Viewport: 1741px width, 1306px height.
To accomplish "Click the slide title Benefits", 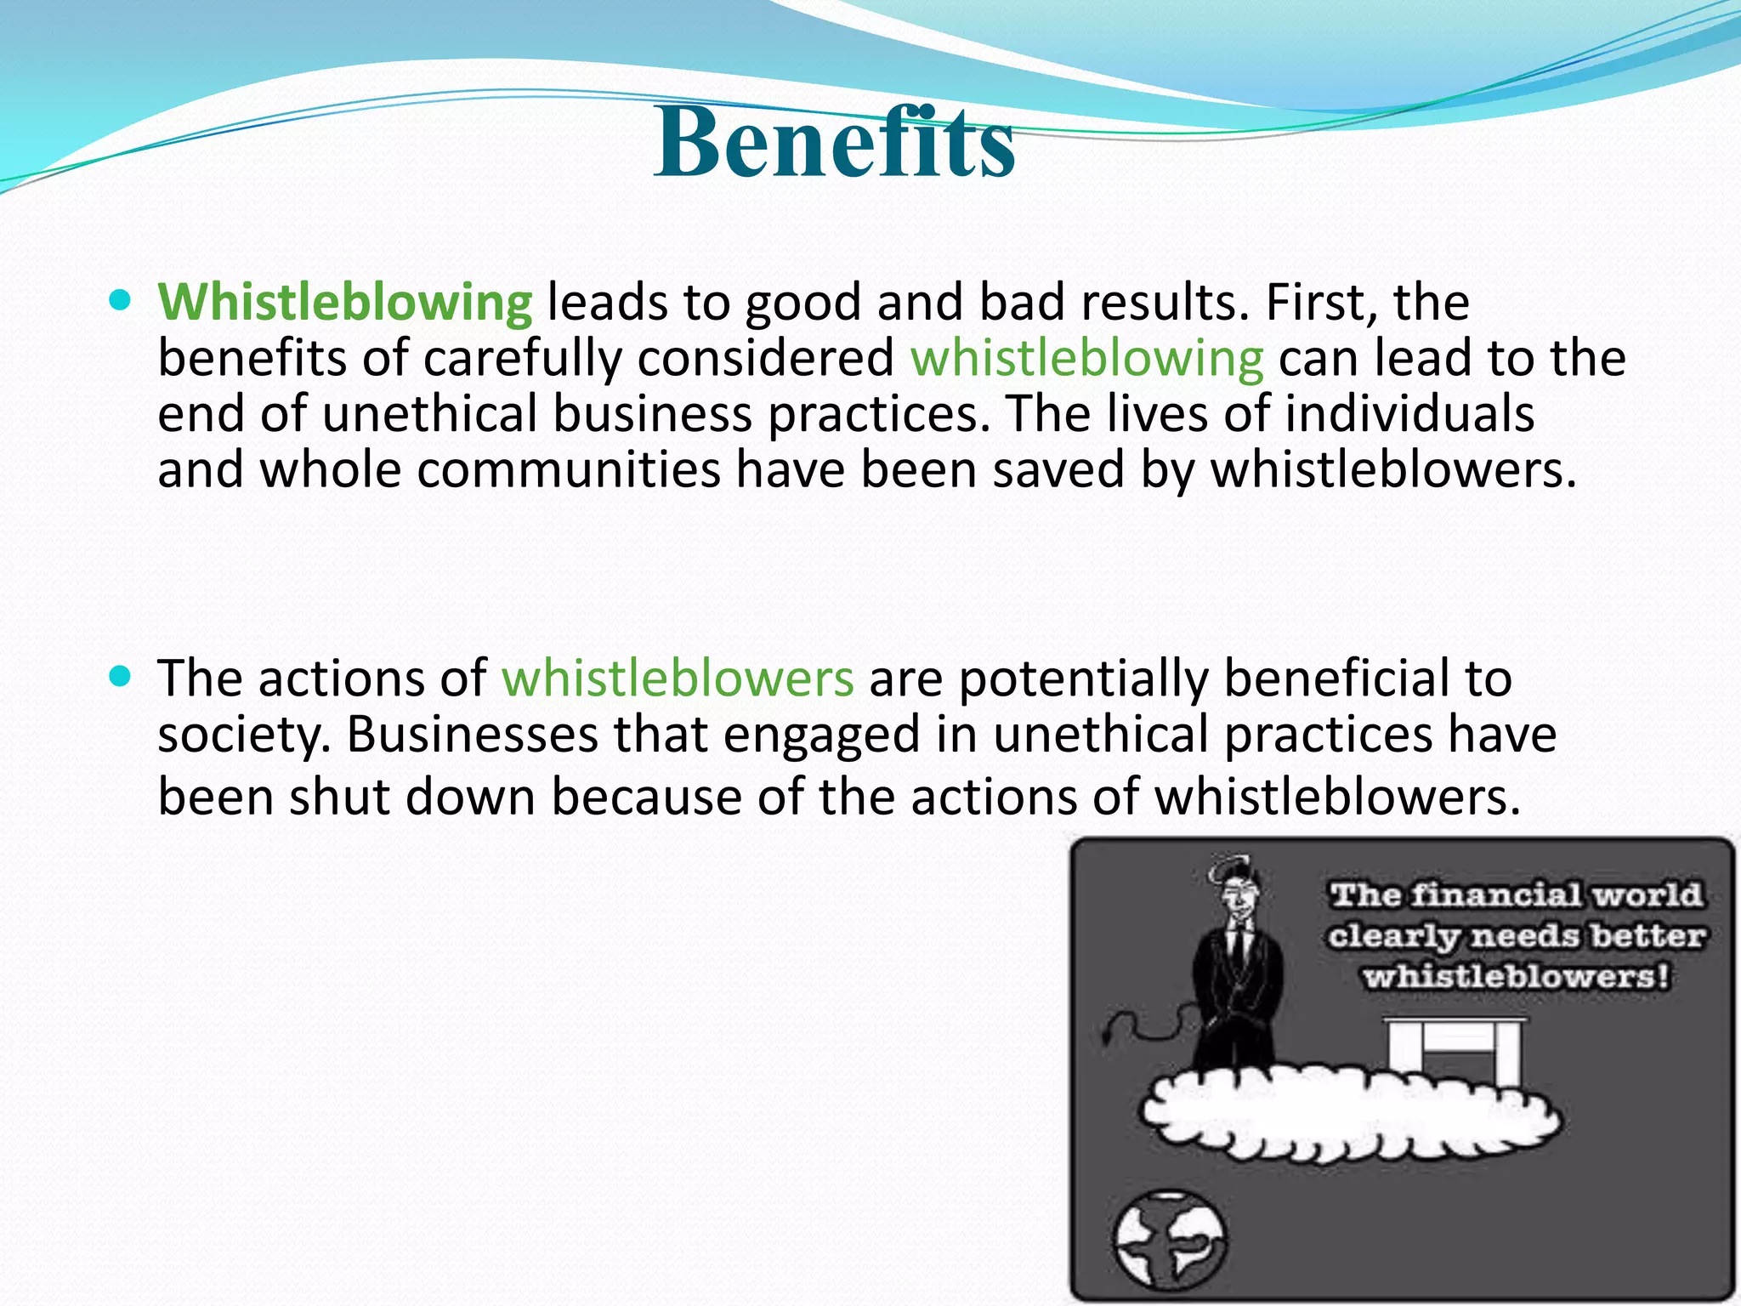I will coord(835,143).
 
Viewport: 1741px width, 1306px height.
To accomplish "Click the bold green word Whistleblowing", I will coord(345,302).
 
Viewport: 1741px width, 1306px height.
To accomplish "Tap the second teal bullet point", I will coord(121,676).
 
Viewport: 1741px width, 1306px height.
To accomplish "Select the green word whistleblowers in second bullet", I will coord(678,679).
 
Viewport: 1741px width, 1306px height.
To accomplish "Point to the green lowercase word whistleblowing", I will coord(1087,358).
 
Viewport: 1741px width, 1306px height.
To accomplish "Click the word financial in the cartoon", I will coord(1495,894).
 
